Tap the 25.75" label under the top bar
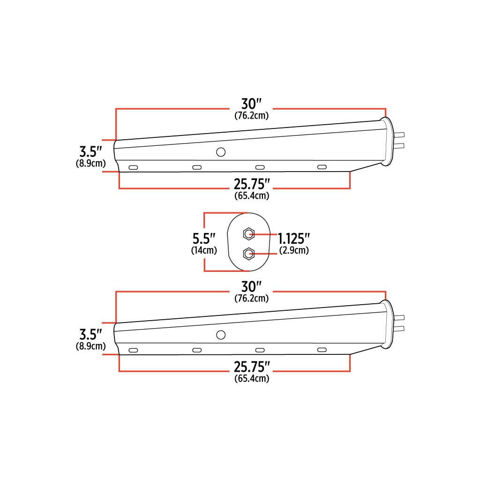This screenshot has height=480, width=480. point(252,183)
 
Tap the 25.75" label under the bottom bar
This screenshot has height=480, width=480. point(252,366)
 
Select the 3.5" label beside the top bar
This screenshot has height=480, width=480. point(90,152)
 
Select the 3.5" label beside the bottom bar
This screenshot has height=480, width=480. point(90,335)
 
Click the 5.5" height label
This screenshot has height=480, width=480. point(204,238)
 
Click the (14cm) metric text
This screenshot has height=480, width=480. point(204,250)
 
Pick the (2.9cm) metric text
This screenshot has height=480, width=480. point(294,250)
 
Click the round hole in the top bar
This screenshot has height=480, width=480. point(220,152)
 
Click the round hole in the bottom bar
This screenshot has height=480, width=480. point(220,335)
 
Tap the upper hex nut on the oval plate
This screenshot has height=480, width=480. point(248,233)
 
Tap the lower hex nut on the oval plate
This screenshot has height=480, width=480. point(248,254)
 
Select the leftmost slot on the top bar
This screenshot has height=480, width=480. point(133,167)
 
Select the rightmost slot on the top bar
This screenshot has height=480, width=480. point(322,167)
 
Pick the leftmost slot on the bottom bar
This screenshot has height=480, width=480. point(133,350)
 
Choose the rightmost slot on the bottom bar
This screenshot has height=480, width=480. point(322,350)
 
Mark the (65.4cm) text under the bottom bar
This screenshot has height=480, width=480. point(252,379)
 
